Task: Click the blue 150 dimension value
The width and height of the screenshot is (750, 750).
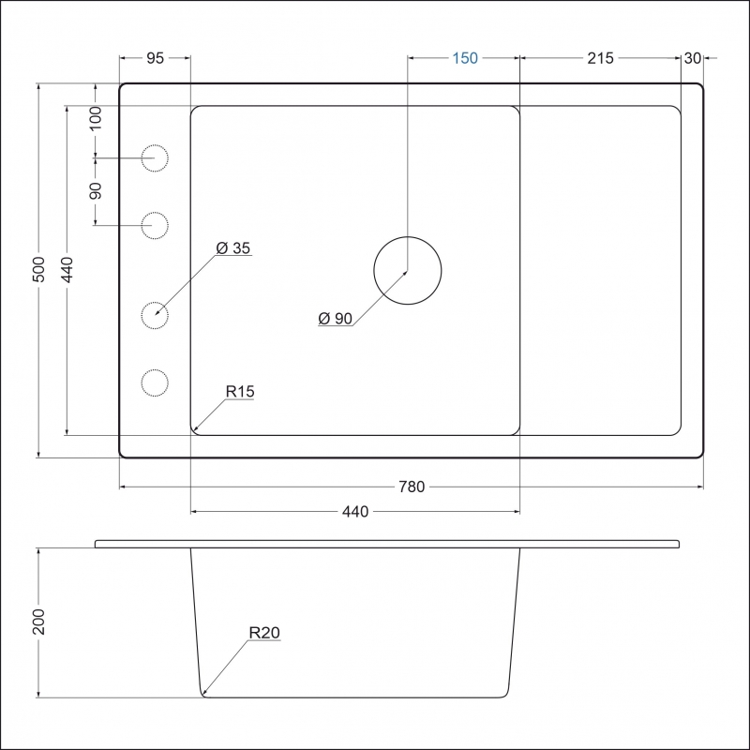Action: pyautogui.click(x=465, y=58)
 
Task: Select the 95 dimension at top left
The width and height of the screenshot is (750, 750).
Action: pyautogui.click(x=155, y=58)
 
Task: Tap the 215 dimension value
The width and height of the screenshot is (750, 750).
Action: pyautogui.click(x=600, y=58)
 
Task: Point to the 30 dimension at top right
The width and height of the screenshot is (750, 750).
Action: pyautogui.click(x=693, y=58)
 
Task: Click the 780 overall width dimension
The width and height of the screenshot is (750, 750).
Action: pyautogui.click(x=412, y=487)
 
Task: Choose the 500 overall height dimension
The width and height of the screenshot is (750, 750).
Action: pyautogui.click(x=38, y=269)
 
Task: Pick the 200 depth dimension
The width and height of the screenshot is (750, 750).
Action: pyautogui.click(x=38, y=622)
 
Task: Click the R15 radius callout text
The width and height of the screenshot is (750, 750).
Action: pyautogui.click(x=240, y=391)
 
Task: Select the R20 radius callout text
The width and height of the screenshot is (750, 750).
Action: pyautogui.click(x=264, y=632)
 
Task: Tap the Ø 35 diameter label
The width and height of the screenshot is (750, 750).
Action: pyautogui.click(x=232, y=247)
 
